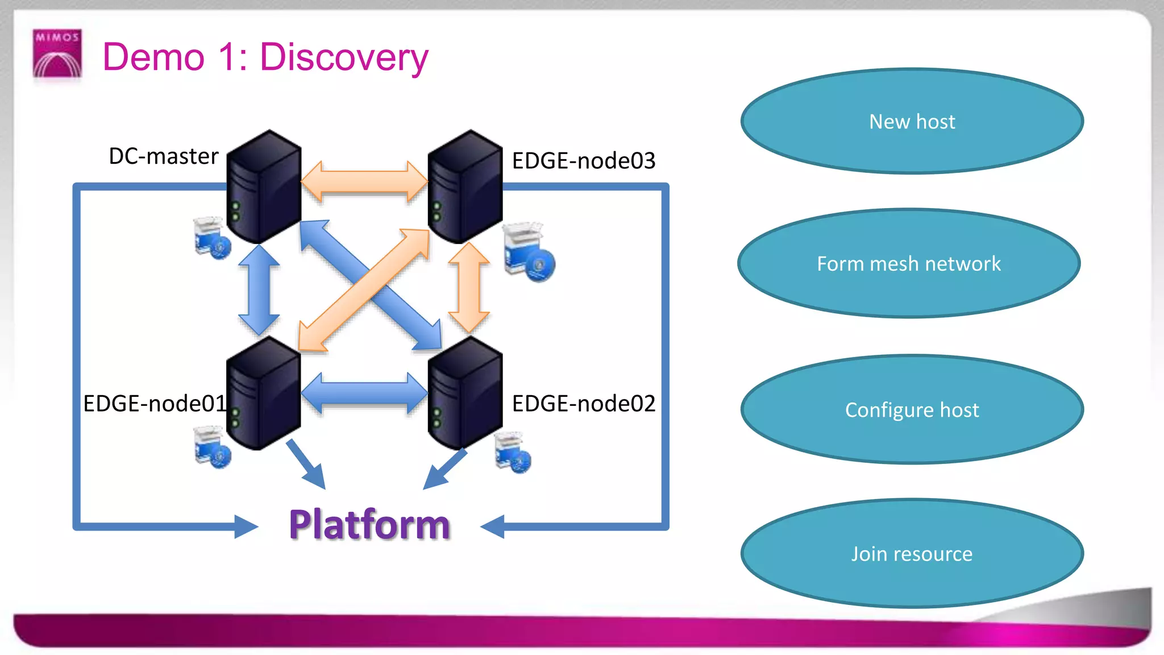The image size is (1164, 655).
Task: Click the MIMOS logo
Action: pos(57,53)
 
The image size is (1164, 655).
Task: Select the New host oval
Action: pos(912,121)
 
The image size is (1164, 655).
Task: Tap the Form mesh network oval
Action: pos(909,263)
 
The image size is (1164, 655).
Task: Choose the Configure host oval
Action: pos(912,409)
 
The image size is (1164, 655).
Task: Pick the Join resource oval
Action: pos(912,553)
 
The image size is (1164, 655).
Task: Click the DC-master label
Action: pos(163,156)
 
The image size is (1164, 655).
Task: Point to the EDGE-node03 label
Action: pos(583,160)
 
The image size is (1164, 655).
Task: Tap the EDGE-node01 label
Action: pos(155,403)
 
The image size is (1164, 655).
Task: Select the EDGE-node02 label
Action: pos(583,403)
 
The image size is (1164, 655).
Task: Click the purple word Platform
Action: pos(369,524)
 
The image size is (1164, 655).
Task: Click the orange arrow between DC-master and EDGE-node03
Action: pos(364,182)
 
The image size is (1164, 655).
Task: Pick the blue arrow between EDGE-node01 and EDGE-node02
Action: pos(364,393)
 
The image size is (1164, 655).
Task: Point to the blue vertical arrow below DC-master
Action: pos(259,289)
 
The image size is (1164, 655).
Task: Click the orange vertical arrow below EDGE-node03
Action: pos(469,287)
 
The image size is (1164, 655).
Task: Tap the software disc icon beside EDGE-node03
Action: pos(529,253)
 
